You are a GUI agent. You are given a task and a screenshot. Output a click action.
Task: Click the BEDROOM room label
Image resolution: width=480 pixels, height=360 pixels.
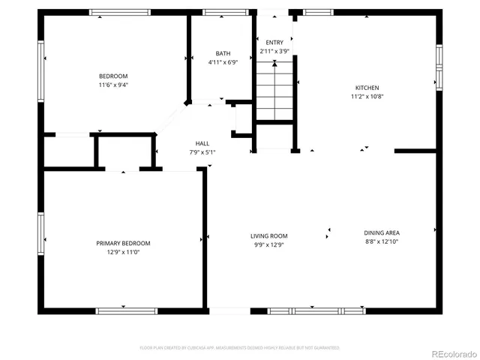pyautogui.click(x=114, y=76)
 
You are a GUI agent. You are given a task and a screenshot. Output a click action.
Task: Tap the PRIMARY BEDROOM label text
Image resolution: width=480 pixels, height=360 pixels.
pyautogui.click(x=123, y=243)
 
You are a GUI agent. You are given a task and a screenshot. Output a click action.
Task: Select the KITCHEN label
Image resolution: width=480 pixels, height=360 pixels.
pyautogui.click(x=367, y=88)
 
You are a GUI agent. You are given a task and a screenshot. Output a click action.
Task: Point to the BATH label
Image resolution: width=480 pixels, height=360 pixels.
pyautogui.click(x=223, y=53)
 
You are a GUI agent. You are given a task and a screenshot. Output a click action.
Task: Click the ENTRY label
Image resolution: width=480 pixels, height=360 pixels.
pyautogui.click(x=274, y=43)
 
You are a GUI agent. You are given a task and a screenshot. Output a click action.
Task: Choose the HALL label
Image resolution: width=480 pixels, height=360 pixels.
pyautogui.click(x=202, y=143)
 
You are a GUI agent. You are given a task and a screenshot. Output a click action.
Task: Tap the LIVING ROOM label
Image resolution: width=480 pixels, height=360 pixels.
pyautogui.click(x=268, y=236)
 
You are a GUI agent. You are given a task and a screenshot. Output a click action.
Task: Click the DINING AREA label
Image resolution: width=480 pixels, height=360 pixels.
pyautogui.click(x=382, y=232)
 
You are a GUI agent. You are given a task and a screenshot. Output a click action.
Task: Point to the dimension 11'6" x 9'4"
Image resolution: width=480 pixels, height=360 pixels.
pyautogui.click(x=114, y=85)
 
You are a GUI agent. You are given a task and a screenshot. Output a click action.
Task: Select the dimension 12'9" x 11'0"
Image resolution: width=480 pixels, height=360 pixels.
pyautogui.click(x=123, y=252)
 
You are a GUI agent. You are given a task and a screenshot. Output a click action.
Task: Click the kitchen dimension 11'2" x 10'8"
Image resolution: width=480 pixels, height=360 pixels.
pyautogui.click(x=367, y=97)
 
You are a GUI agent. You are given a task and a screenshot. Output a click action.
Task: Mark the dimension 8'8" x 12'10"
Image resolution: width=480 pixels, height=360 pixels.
pyautogui.click(x=382, y=241)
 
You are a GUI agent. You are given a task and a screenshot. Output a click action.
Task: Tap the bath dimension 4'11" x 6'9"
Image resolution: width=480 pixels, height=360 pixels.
pyautogui.click(x=223, y=62)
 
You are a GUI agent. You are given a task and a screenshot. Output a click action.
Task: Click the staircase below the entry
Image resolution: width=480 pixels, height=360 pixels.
pyautogui.click(x=274, y=90)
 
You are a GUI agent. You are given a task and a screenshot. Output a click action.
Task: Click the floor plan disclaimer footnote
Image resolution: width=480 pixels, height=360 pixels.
pyautogui.click(x=240, y=348)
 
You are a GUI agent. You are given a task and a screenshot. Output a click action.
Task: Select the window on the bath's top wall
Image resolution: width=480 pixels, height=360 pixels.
pyautogui.click(x=220, y=12)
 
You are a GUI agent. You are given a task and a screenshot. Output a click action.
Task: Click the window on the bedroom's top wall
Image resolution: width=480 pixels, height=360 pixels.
pyautogui.click(x=114, y=12)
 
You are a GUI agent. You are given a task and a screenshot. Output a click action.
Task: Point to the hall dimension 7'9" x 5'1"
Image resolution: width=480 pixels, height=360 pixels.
pyautogui.click(x=202, y=152)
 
